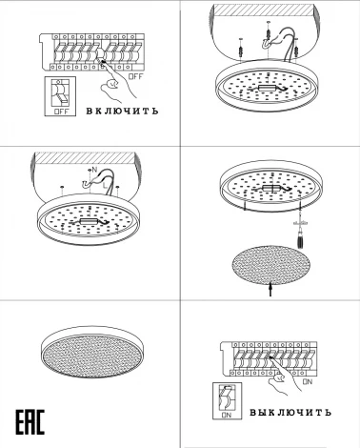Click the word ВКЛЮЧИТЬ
(x=122, y=111)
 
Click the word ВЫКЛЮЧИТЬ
(x=290, y=413)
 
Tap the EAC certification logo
(x=30, y=422)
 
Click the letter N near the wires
(x=94, y=169)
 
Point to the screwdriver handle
(x=299, y=240)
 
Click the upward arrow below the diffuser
(x=270, y=290)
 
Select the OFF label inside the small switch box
(x=61, y=112)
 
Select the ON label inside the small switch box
(x=227, y=415)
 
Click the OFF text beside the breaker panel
(x=136, y=76)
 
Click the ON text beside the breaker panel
(x=308, y=381)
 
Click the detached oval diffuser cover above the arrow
(x=270, y=265)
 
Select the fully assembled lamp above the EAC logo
(x=93, y=352)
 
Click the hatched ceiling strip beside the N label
(x=83, y=158)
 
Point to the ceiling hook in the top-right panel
(x=266, y=45)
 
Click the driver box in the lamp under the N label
(x=86, y=221)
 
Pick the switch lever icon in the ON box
(x=227, y=397)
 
